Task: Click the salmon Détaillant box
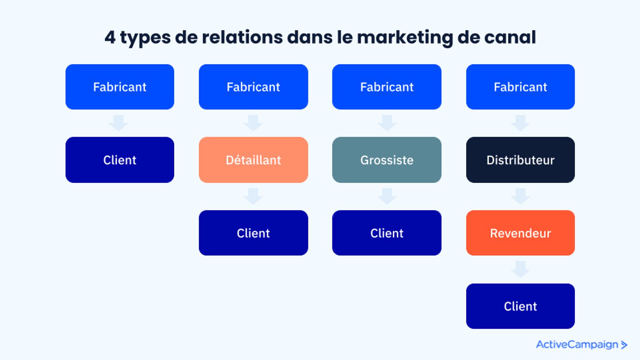tap(254, 160)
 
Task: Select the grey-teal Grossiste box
tap(387, 160)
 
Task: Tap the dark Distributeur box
tap(520, 160)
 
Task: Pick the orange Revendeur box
tap(520, 233)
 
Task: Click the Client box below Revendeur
tap(520, 306)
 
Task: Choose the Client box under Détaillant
tap(254, 233)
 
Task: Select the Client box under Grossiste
tap(387, 233)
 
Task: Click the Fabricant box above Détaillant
tap(254, 87)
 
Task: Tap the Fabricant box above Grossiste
tap(387, 87)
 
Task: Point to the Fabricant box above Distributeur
tap(520, 87)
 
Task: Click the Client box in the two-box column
tap(120, 160)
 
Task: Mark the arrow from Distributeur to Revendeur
tap(520, 196)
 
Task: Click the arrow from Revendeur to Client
tap(520, 269)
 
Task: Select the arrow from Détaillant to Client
tap(253, 196)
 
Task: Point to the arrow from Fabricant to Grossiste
tap(387, 123)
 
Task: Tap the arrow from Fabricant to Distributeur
tap(520, 123)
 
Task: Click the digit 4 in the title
tap(110, 38)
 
